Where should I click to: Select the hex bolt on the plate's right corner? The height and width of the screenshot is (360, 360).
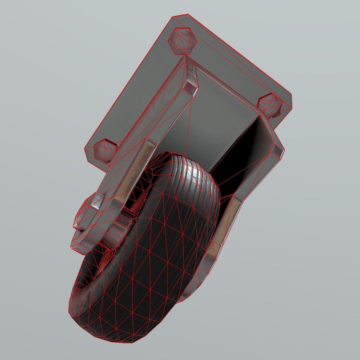pyautogui.click(x=270, y=106)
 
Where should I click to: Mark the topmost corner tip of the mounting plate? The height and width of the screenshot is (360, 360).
pyautogui.click(x=187, y=14)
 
